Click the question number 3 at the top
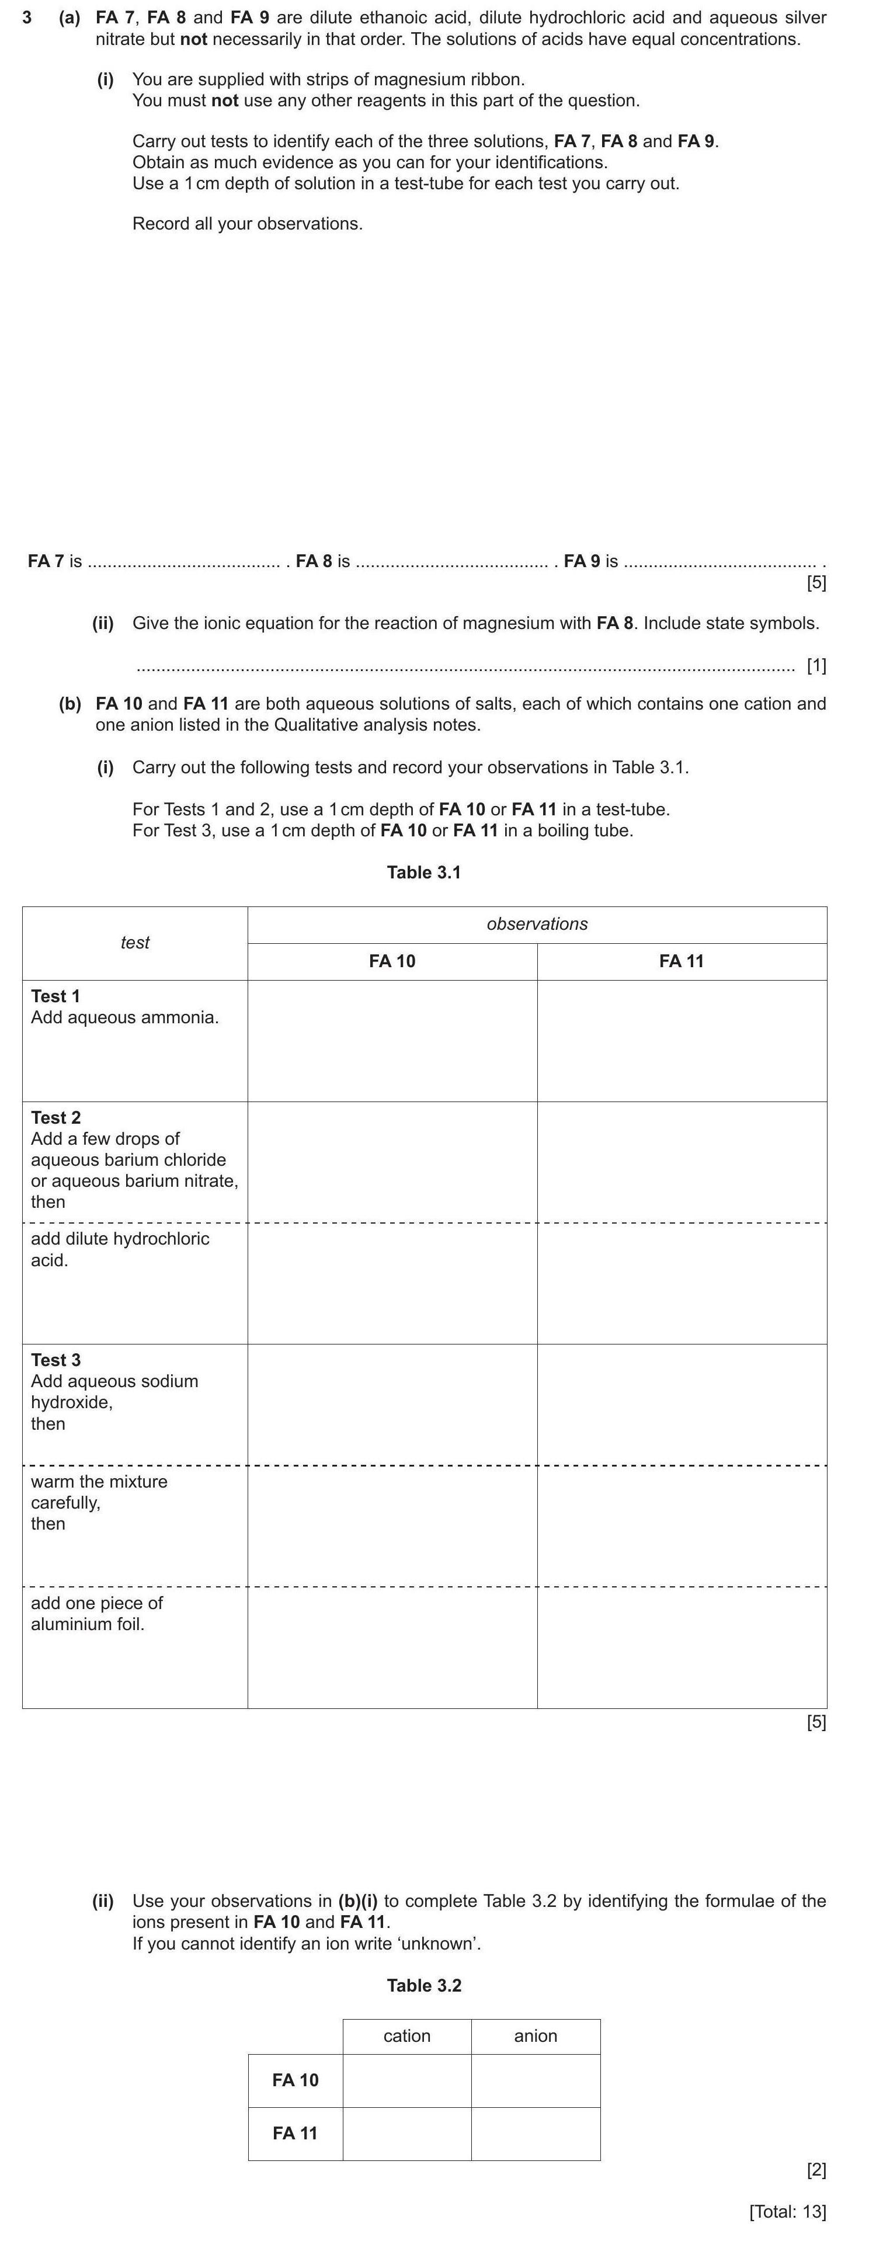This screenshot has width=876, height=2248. (x=27, y=18)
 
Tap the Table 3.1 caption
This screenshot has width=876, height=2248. (x=423, y=872)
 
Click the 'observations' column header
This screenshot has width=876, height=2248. (x=537, y=923)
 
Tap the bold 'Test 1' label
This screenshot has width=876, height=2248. (x=56, y=996)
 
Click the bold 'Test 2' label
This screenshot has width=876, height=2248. (x=56, y=1117)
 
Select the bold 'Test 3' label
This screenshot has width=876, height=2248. (x=56, y=1360)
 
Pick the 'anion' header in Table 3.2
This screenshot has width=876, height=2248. (x=535, y=2036)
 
